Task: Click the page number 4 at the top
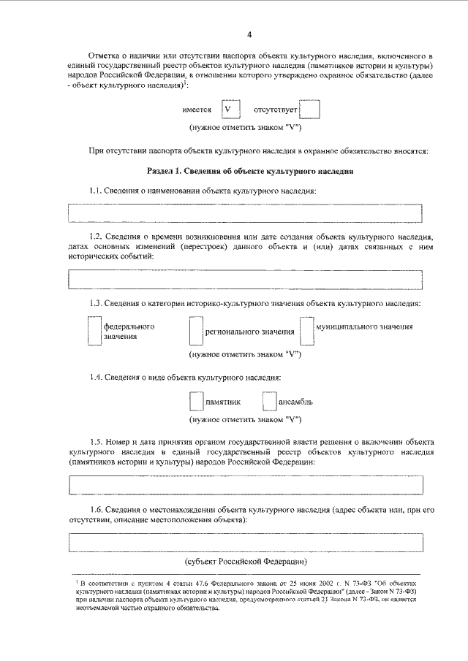tap(249, 34)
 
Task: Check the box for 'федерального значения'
tap(94, 330)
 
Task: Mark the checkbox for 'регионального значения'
tap(195, 331)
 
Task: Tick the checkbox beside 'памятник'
tap(195, 402)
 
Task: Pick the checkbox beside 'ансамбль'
tap(268, 402)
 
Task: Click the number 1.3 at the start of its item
tap(96, 303)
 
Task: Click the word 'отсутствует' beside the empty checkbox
tap(275, 110)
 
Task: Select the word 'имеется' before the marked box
tap(197, 110)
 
